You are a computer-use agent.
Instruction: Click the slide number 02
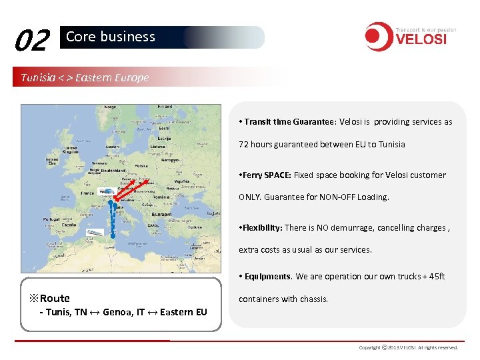[x=31, y=41]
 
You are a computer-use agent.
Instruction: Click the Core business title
[x=111, y=37]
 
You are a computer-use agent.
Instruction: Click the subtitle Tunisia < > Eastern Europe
[x=85, y=77]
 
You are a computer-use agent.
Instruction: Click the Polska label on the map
[x=141, y=165]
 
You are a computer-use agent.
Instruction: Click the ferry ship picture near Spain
[x=94, y=233]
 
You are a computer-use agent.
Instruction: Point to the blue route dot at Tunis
[x=113, y=235]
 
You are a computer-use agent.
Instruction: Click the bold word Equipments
[x=267, y=277]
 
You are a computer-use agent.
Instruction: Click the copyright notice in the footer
[x=408, y=347]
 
